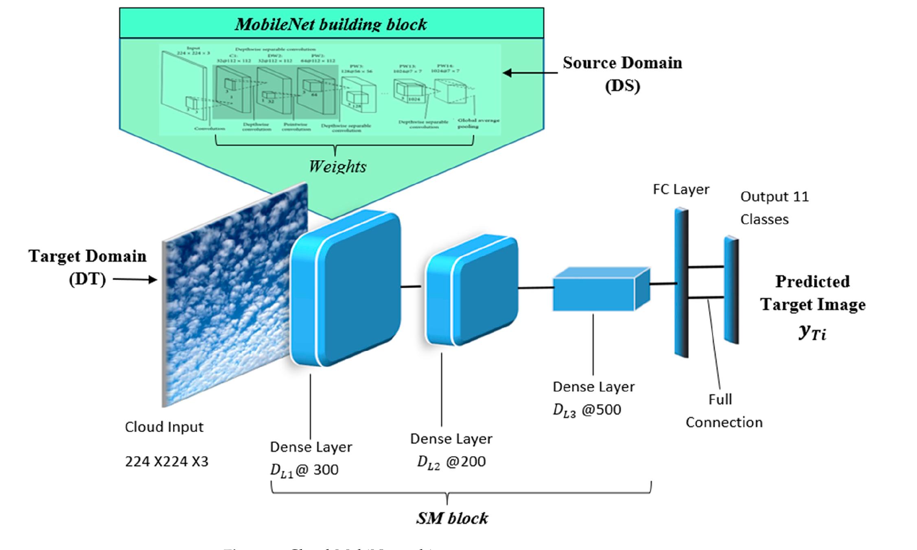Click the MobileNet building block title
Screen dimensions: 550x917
coord(330,24)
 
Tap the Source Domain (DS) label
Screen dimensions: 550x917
coord(622,74)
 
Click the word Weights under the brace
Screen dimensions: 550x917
coord(337,167)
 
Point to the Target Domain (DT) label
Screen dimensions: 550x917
coord(87,267)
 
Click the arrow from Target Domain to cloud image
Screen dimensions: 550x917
coord(135,279)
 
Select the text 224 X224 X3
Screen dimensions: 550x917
coord(166,462)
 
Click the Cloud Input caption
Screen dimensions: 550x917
coord(164,427)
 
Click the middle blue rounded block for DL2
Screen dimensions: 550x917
coord(472,290)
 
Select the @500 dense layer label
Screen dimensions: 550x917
coord(587,410)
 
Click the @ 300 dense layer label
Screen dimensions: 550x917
coord(304,470)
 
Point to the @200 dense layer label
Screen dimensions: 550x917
coord(451,462)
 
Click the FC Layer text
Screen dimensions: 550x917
coord(681,189)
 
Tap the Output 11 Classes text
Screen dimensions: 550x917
coord(774,208)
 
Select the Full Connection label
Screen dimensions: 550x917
coord(724,411)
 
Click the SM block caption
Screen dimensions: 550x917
coord(452,518)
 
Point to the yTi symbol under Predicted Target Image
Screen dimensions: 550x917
coord(812,333)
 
